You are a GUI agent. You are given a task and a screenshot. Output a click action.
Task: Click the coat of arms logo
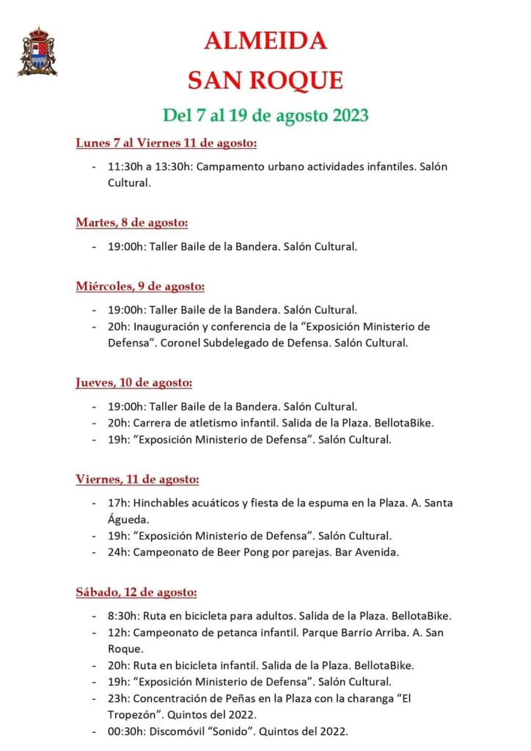pyautogui.click(x=37, y=51)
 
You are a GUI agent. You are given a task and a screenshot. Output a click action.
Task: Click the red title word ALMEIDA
pyautogui.click(x=265, y=42)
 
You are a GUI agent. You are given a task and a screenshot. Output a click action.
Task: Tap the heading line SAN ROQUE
pyautogui.click(x=265, y=80)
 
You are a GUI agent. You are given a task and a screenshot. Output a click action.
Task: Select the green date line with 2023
pyautogui.click(x=265, y=115)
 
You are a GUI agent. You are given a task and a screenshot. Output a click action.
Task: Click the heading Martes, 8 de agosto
pyautogui.click(x=131, y=222)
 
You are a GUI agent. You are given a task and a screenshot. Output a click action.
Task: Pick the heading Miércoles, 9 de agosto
pyautogui.click(x=140, y=286)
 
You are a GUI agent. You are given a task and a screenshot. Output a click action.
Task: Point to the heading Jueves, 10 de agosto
pyautogui.click(x=133, y=382)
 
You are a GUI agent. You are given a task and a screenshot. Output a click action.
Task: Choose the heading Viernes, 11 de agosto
pyautogui.click(x=137, y=479)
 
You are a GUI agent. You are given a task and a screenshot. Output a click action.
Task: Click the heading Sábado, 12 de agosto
pyautogui.click(x=136, y=592)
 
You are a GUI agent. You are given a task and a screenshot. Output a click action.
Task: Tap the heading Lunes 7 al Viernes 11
pyautogui.click(x=166, y=142)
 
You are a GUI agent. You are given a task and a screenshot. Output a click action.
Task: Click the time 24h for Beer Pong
pyautogui.click(x=118, y=551)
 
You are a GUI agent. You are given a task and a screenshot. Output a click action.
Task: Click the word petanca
pyautogui.click(x=240, y=632)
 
